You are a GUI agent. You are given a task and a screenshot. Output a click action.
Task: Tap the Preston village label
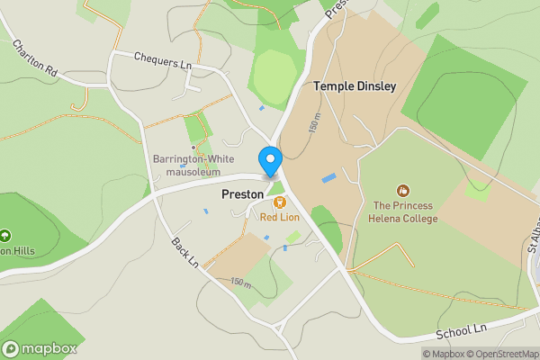point(242,193)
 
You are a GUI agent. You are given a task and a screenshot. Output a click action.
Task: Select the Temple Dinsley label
point(355,86)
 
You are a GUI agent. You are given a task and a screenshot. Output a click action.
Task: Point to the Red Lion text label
point(279,217)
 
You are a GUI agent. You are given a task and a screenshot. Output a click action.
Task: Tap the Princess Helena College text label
point(405,211)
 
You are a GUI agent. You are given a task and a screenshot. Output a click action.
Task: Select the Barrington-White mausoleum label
point(193,166)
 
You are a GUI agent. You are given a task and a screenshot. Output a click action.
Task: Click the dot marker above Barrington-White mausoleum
point(193,148)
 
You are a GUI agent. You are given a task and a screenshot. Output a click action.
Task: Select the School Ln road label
point(460,331)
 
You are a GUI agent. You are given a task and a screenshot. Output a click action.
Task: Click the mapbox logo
point(39,348)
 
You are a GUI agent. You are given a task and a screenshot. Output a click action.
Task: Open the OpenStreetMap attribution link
point(494,353)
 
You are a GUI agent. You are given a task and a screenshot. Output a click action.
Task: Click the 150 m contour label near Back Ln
point(240,283)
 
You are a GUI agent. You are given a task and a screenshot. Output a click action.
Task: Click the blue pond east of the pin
point(328,177)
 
